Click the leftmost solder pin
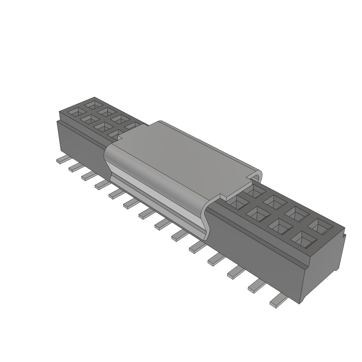click(62, 160)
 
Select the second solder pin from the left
click(75, 167)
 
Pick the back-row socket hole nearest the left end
click(94, 104)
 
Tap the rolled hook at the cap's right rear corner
click(257, 175)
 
